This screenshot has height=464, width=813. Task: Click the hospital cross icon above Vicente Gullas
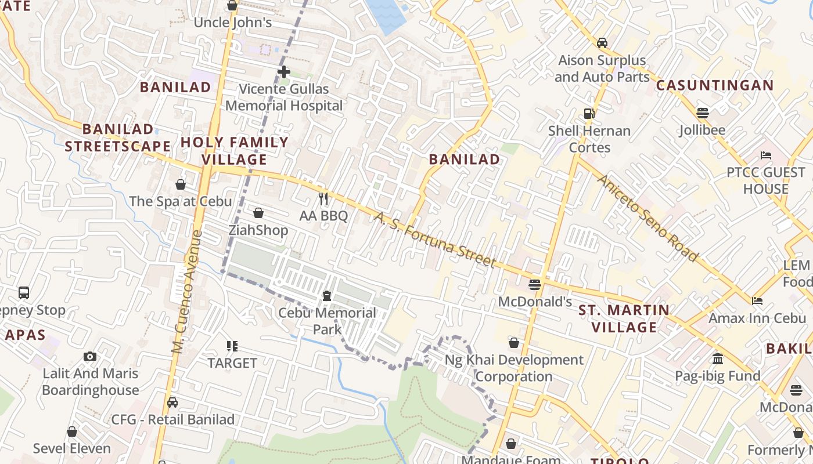283,72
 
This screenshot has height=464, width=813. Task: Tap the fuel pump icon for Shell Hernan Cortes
589,114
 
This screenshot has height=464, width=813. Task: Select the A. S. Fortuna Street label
435,240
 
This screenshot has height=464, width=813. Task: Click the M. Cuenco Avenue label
186,292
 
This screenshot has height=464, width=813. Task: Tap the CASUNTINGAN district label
715,86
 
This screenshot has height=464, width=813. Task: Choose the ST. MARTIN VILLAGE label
624,319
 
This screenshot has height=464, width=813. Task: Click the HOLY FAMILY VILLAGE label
235,151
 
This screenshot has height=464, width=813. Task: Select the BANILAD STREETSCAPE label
118,137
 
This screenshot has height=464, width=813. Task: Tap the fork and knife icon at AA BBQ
323,199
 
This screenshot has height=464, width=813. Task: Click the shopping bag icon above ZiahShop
258,213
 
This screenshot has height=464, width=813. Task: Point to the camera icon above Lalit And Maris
90,356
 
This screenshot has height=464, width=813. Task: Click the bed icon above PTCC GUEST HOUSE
765,155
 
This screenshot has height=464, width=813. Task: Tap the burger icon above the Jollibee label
702,113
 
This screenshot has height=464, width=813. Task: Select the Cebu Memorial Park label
327,321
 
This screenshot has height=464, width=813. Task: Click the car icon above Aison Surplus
602,43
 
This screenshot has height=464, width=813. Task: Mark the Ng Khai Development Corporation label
514,368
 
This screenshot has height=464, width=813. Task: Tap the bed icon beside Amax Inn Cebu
757,300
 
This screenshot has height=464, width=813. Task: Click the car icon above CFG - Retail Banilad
172,403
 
